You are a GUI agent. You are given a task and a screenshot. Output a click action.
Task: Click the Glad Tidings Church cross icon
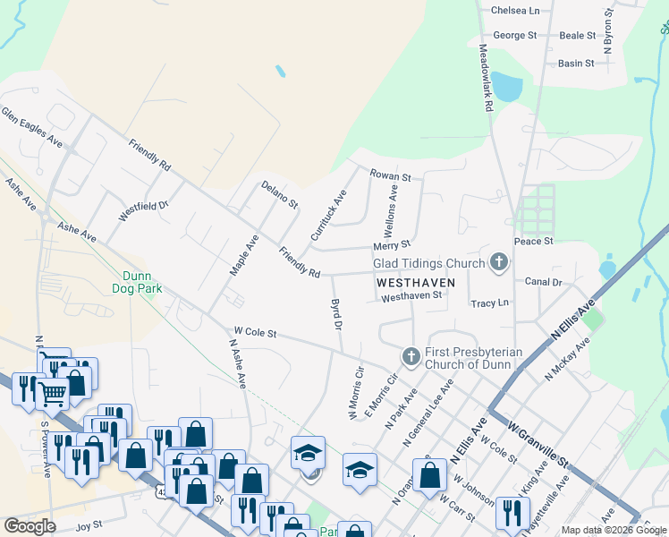pos(498,262)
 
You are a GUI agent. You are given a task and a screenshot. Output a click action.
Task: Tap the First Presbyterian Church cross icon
pos(411,357)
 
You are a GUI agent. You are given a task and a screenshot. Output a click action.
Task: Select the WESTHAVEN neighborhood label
pos(416,281)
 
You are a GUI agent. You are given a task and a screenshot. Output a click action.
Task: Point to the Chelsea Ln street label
pos(515,11)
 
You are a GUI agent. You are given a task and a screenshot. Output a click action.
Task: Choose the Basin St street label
pos(576,64)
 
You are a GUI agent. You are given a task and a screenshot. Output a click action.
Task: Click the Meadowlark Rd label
pos(486,78)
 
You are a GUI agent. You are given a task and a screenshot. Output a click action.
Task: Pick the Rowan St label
pos(392,176)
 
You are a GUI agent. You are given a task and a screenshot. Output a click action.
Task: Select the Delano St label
pos(279,194)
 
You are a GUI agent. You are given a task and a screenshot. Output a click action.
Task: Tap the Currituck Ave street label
pos(328,215)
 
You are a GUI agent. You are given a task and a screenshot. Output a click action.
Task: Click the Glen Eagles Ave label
pos(32,128)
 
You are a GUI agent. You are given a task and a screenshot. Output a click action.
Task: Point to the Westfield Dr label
pos(143,211)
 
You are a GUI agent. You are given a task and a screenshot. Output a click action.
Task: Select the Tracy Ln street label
pos(489,303)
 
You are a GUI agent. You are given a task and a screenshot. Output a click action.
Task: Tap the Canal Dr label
pos(543,282)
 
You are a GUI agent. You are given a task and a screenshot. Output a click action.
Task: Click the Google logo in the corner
pos(30,526)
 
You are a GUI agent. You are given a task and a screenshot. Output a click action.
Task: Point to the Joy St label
pos(90,526)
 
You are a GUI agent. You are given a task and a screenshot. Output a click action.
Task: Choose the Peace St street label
pos(534,242)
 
